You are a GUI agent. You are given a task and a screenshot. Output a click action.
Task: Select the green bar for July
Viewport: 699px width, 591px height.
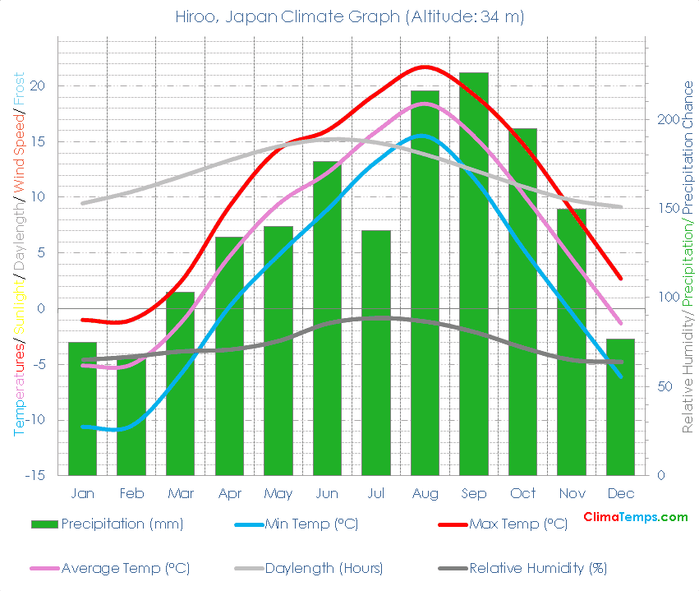[376, 353]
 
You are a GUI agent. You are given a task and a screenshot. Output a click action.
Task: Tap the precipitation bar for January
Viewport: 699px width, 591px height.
[82, 409]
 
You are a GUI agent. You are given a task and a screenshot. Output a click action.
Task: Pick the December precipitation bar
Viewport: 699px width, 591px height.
[620, 407]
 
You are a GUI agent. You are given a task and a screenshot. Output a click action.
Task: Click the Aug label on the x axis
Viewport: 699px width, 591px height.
[425, 493]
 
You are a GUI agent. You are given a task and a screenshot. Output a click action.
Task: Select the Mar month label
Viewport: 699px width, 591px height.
[180, 493]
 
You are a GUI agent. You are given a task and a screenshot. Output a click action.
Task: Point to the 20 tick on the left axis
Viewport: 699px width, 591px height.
[46, 85]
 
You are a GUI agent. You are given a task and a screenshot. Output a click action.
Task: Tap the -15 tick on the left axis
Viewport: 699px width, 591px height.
[42, 476]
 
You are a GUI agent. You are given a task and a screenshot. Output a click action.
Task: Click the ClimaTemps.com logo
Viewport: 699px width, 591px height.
[635, 517]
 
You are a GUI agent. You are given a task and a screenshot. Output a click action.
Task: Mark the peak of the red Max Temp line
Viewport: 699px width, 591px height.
[424, 67]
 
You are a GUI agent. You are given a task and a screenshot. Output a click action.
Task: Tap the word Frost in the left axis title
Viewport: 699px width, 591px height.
[18, 88]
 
